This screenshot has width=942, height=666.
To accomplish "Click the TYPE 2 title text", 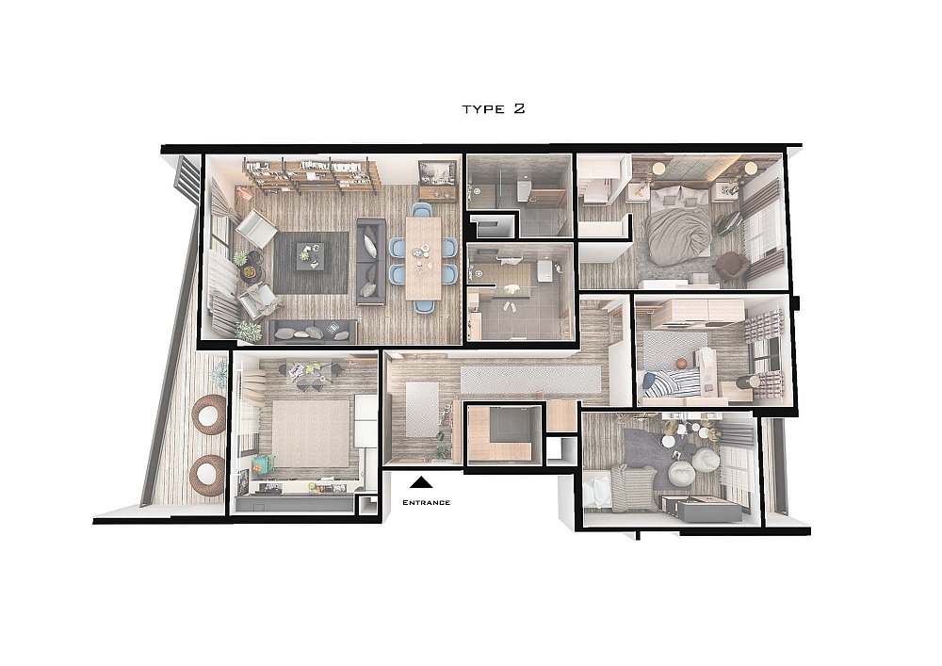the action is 494,108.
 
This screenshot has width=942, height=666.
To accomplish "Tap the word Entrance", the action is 426,503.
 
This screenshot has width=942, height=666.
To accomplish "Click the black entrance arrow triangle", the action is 423,481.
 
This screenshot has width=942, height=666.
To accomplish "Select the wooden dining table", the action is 423,257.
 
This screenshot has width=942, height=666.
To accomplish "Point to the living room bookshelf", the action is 311,175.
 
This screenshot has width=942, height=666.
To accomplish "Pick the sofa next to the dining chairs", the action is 371,261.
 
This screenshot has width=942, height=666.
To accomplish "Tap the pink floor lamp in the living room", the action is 244,192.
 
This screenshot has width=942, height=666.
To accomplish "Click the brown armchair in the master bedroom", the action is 729,265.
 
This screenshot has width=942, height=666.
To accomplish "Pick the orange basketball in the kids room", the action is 680,364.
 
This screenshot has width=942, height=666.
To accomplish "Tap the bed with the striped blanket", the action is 672,382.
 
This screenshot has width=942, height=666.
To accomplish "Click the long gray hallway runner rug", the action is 530,381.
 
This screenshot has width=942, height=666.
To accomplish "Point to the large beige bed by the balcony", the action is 311,433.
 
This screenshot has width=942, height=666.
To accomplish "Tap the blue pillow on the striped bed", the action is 649,381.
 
